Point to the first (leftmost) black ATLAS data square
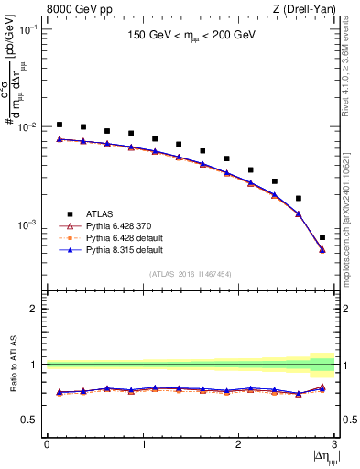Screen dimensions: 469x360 (59, 125)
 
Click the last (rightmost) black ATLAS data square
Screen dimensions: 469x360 (322, 237)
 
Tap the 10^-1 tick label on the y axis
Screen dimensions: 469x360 (28, 29)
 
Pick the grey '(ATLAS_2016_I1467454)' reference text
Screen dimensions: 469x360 (190, 273)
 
